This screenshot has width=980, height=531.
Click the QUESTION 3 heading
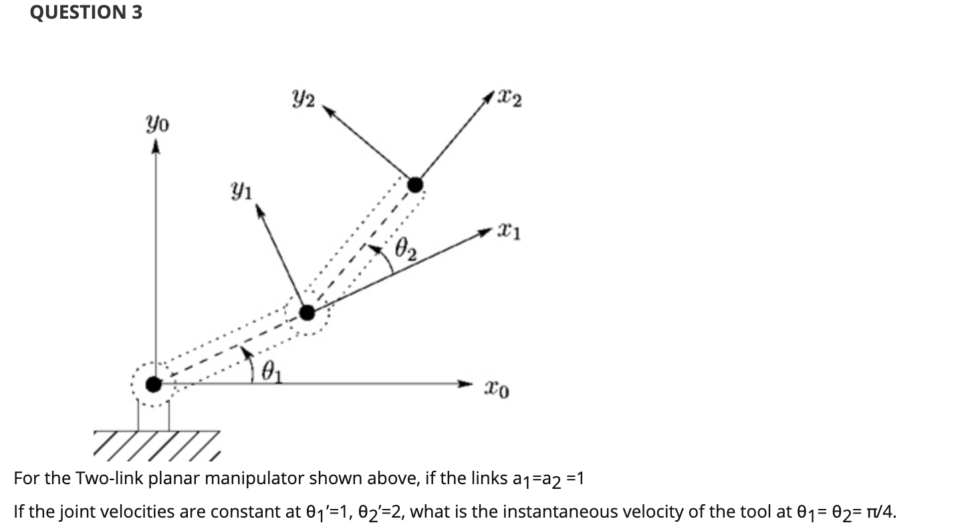86,13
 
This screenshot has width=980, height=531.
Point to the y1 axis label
242,192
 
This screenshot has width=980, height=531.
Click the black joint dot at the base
154,384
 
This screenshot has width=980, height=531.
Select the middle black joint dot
307,312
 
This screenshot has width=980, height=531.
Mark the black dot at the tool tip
415,184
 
